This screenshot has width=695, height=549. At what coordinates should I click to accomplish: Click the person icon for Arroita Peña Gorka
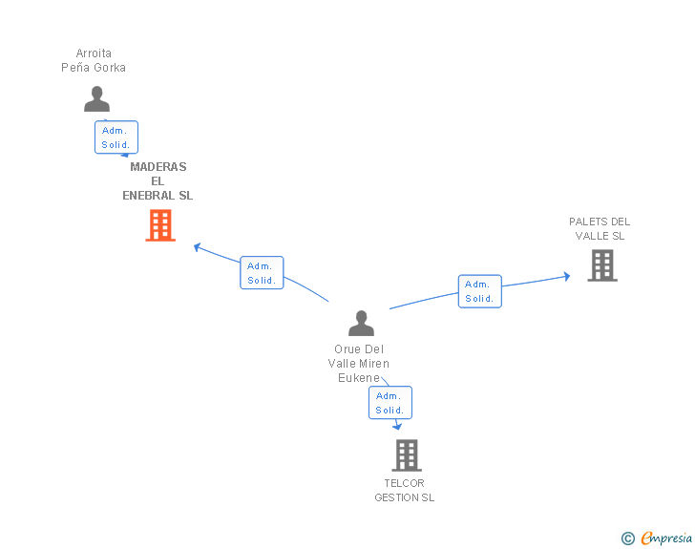click(x=96, y=99)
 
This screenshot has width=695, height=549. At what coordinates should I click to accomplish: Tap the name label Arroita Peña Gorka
click(x=94, y=60)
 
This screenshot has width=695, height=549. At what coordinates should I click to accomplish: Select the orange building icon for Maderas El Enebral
click(x=160, y=225)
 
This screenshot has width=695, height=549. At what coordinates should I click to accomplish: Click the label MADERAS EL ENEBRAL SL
click(x=158, y=180)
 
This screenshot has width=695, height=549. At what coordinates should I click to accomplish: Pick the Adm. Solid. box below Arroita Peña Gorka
click(x=116, y=137)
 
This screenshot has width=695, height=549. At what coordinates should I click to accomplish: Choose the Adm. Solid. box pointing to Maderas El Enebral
click(x=262, y=273)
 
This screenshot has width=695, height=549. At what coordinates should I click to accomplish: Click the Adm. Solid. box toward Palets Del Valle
click(x=479, y=291)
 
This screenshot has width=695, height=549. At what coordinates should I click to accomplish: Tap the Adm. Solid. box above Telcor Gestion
click(x=390, y=403)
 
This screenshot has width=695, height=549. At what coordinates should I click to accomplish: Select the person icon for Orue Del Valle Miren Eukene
click(x=361, y=323)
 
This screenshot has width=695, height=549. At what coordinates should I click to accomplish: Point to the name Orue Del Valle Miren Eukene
click(x=359, y=363)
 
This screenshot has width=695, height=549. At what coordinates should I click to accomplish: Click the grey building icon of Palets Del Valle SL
click(x=602, y=265)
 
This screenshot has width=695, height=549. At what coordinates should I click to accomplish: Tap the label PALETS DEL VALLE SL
click(x=600, y=228)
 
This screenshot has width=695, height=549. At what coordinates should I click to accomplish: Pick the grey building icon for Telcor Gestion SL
click(x=407, y=455)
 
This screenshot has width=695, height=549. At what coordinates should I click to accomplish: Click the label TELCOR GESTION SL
click(x=404, y=490)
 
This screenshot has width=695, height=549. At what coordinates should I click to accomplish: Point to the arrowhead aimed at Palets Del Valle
click(x=566, y=276)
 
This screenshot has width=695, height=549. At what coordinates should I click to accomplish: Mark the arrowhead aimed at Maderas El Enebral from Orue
click(x=198, y=247)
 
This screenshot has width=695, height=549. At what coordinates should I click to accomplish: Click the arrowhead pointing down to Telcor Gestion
click(x=397, y=426)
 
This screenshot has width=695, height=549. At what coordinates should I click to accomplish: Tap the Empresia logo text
click(x=666, y=538)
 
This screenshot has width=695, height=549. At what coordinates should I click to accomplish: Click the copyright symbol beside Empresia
click(x=628, y=538)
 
